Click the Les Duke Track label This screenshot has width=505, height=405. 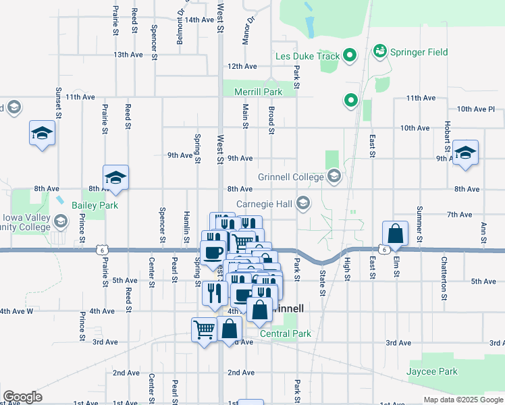click(x=307, y=56)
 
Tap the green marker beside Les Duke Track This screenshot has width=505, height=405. click(x=350, y=56)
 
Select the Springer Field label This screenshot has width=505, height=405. click(x=419, y=51)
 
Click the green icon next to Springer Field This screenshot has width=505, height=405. click(x=379, y=51)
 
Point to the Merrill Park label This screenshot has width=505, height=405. click(x=257, y=92)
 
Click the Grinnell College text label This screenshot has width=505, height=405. click(x=291, y=178)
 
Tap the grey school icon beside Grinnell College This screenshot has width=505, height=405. click(x=334, y=177)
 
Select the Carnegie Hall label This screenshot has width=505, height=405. click(x=263, y=204)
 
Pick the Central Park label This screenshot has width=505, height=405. click(x=286, y=333)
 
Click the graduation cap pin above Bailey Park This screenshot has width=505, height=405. click(x=116, y=177)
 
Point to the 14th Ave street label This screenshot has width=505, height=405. click(x=199, y=20)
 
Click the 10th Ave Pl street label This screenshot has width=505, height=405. click(x=476, y=109)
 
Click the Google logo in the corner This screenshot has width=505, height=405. click(x=22, y=397)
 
